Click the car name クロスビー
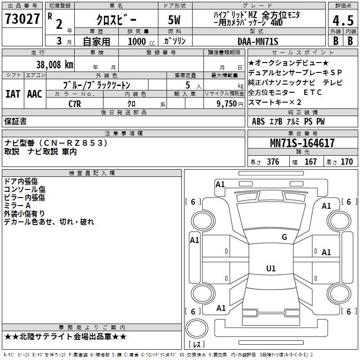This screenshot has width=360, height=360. point(116,20)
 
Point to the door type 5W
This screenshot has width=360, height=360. point(175,20)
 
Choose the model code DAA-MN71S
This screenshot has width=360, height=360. point(258,41)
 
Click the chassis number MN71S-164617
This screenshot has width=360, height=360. point(302,143)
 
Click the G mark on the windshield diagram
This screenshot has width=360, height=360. point(284,237)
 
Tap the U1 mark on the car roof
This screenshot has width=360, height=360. point(270,269)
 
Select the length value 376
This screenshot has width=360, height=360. point(273,162)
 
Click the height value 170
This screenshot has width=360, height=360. point(346,162)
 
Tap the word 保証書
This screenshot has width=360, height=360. point(15,121)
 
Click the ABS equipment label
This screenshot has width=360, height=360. point(258,121)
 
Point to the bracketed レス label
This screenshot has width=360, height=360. point(197,345)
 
